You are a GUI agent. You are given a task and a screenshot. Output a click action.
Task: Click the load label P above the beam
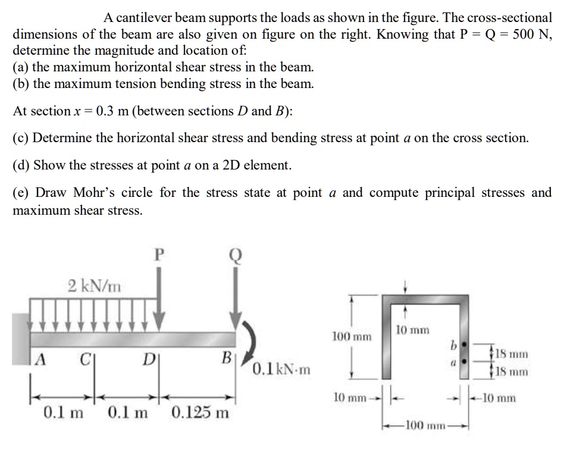[x=158, y=255]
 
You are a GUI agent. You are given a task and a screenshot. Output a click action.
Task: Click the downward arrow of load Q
[x=236, y=297]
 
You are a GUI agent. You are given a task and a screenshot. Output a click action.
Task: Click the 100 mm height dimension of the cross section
[x=352, y=337]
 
